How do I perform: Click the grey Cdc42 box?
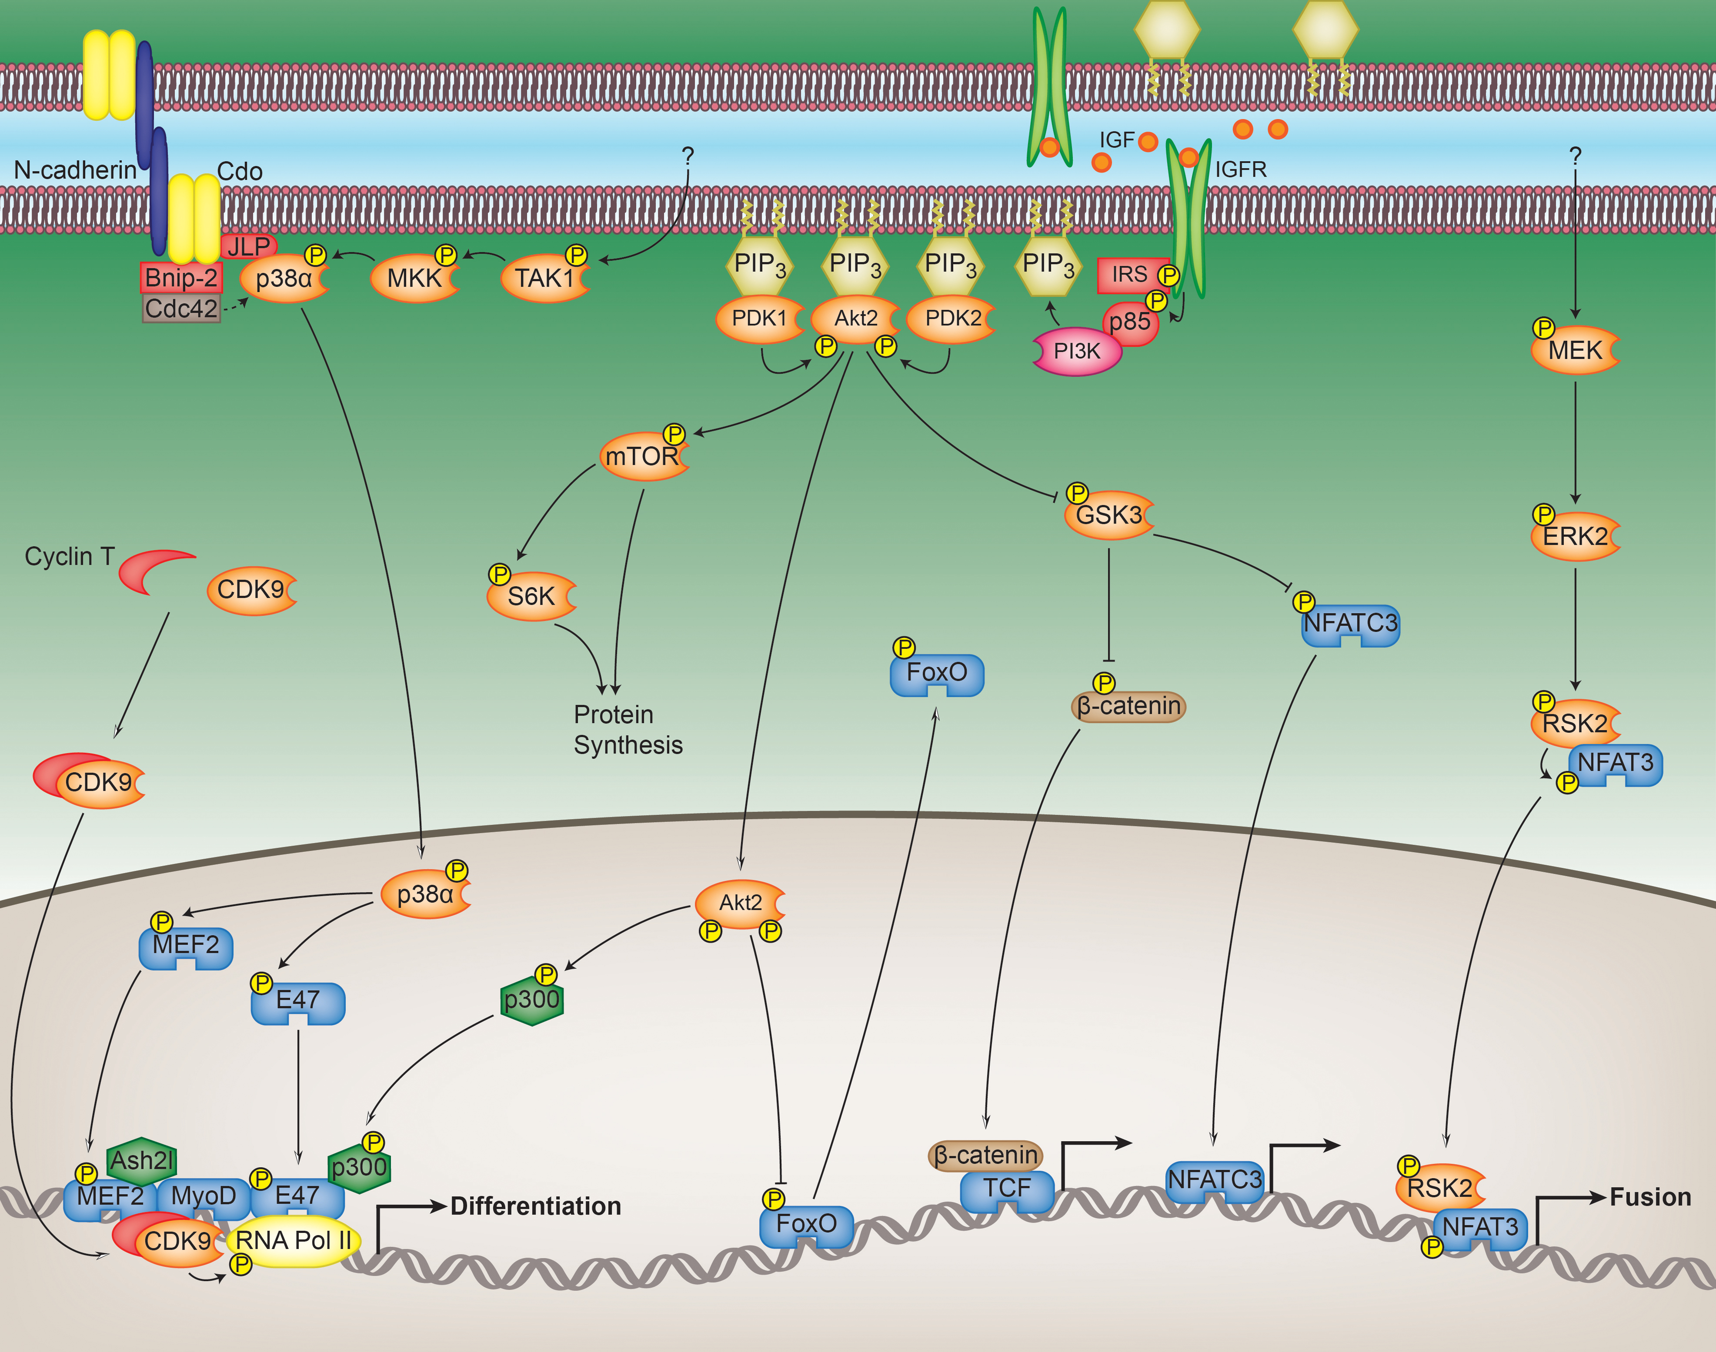tap(181, 309)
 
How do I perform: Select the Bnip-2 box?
tap(181, 278)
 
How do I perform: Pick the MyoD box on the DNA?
tap(204, 1196)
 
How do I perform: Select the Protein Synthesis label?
tap(628, 730)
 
